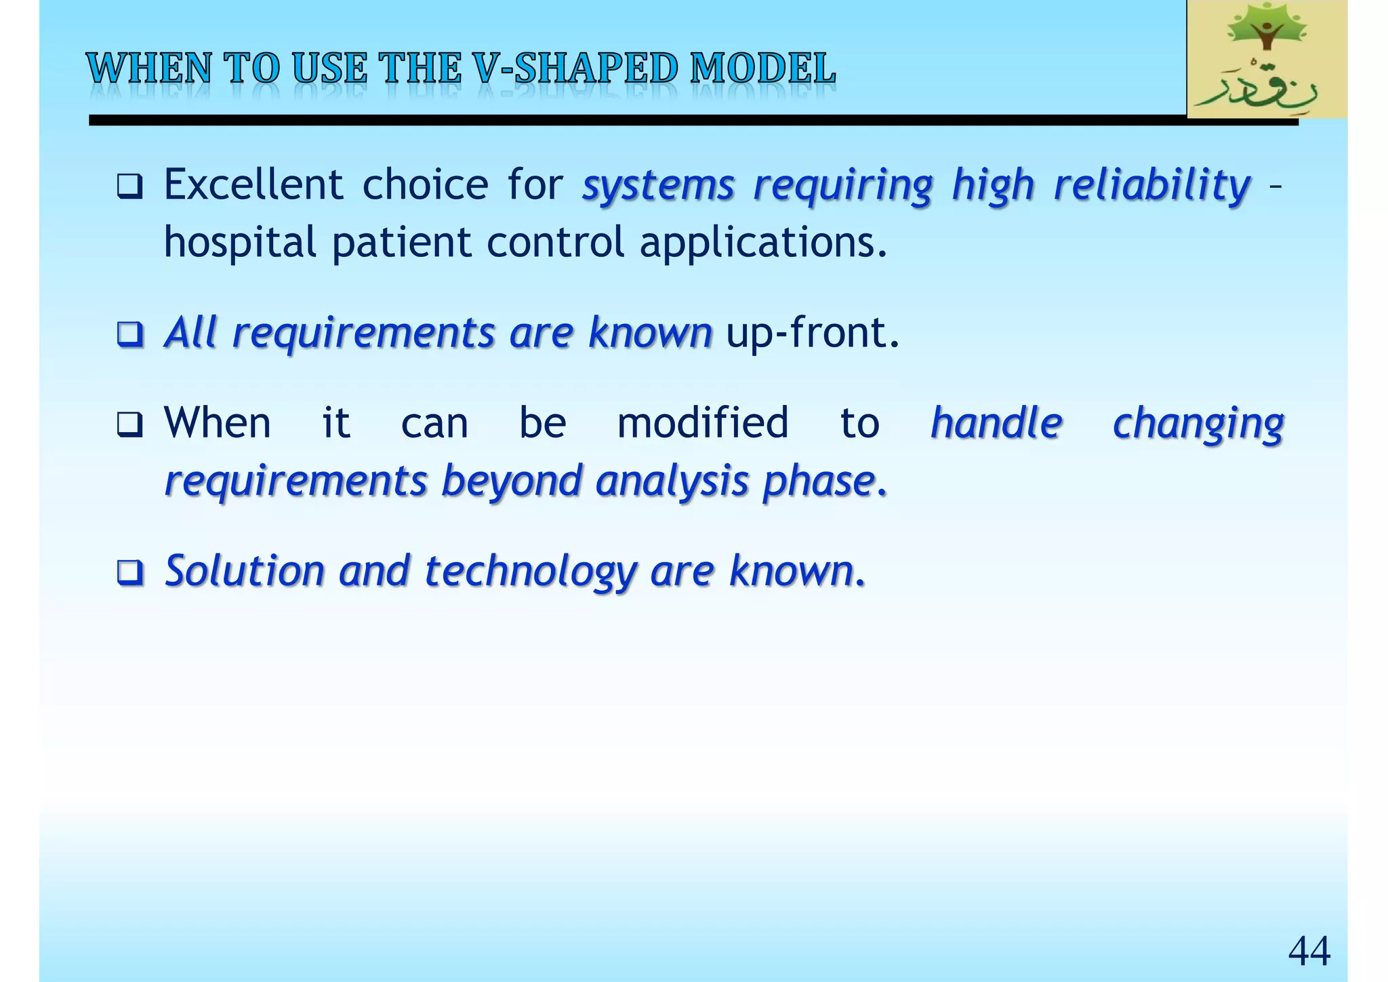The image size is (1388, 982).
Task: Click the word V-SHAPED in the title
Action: [576, 68]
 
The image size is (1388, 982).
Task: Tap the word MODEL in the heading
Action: [762, 68]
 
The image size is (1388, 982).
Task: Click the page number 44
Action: [1309, 950]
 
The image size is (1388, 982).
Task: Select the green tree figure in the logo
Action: [1267, 33]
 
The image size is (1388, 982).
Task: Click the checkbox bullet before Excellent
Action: [129, 186]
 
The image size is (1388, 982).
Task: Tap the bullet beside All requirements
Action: [129, 334]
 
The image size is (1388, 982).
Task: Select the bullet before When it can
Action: [129, 425]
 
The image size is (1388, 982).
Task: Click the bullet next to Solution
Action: [129, 572]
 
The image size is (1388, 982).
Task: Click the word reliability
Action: [1152, 185]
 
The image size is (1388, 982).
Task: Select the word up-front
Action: [813, 333]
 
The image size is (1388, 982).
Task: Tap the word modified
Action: [703, 423]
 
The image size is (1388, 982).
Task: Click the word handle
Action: [996, 423]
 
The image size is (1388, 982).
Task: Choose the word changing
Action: [1198, 425]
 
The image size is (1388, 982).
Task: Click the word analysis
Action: [672, 482]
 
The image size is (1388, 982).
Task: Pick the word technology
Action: [530, 572]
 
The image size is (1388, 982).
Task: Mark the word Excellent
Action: [253, 185]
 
